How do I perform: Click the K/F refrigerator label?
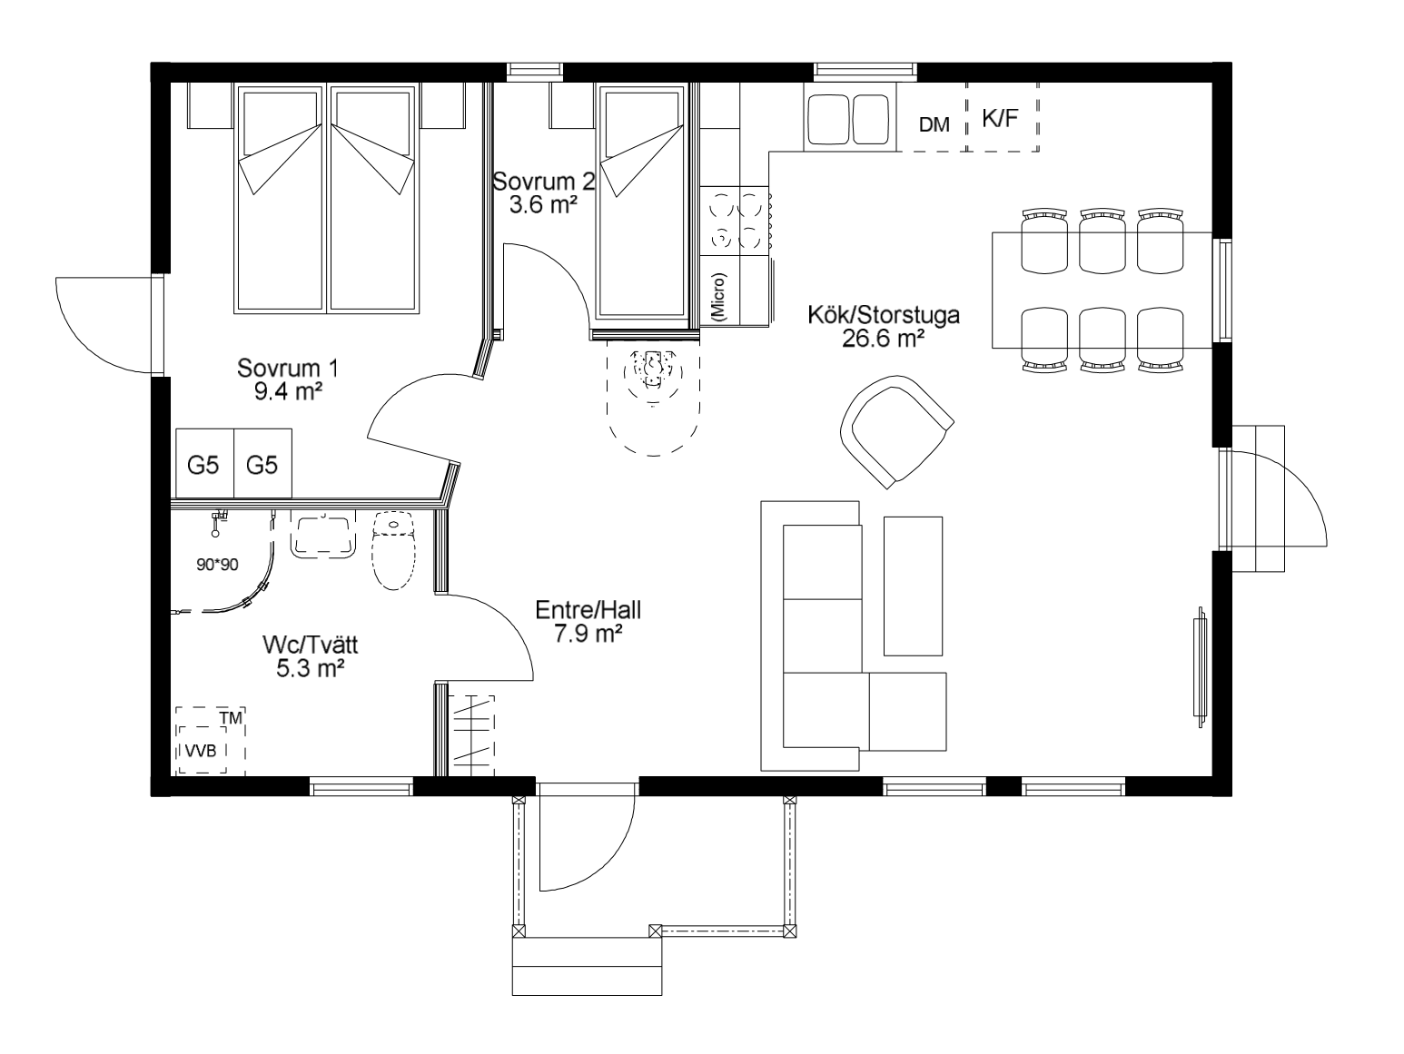[x=1000, y=118]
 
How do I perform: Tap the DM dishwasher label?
[x=934, y=124]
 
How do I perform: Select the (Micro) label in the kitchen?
[x=719, y=297]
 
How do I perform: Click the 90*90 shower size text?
[x=217, y=565]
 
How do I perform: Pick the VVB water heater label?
[x=201, y=751]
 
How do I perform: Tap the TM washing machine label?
[x=231, y=718]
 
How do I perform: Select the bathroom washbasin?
[x=323, y=534]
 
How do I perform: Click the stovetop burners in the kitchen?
[x=735, y=221]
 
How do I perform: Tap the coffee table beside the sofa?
[x=913, y=586]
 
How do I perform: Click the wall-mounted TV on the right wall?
[x=1200, y=666]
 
